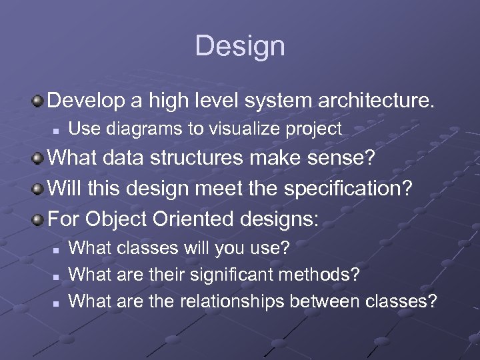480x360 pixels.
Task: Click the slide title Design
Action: click(240, 46)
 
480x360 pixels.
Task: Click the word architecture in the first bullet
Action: click(377, 101)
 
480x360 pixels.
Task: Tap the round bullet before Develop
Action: click(39, 101)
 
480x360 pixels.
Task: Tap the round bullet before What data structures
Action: click(39, 160)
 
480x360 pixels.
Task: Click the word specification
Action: click(348, 189)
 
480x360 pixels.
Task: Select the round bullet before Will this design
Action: click(39, 189)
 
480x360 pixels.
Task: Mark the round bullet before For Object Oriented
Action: click(39, 219)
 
